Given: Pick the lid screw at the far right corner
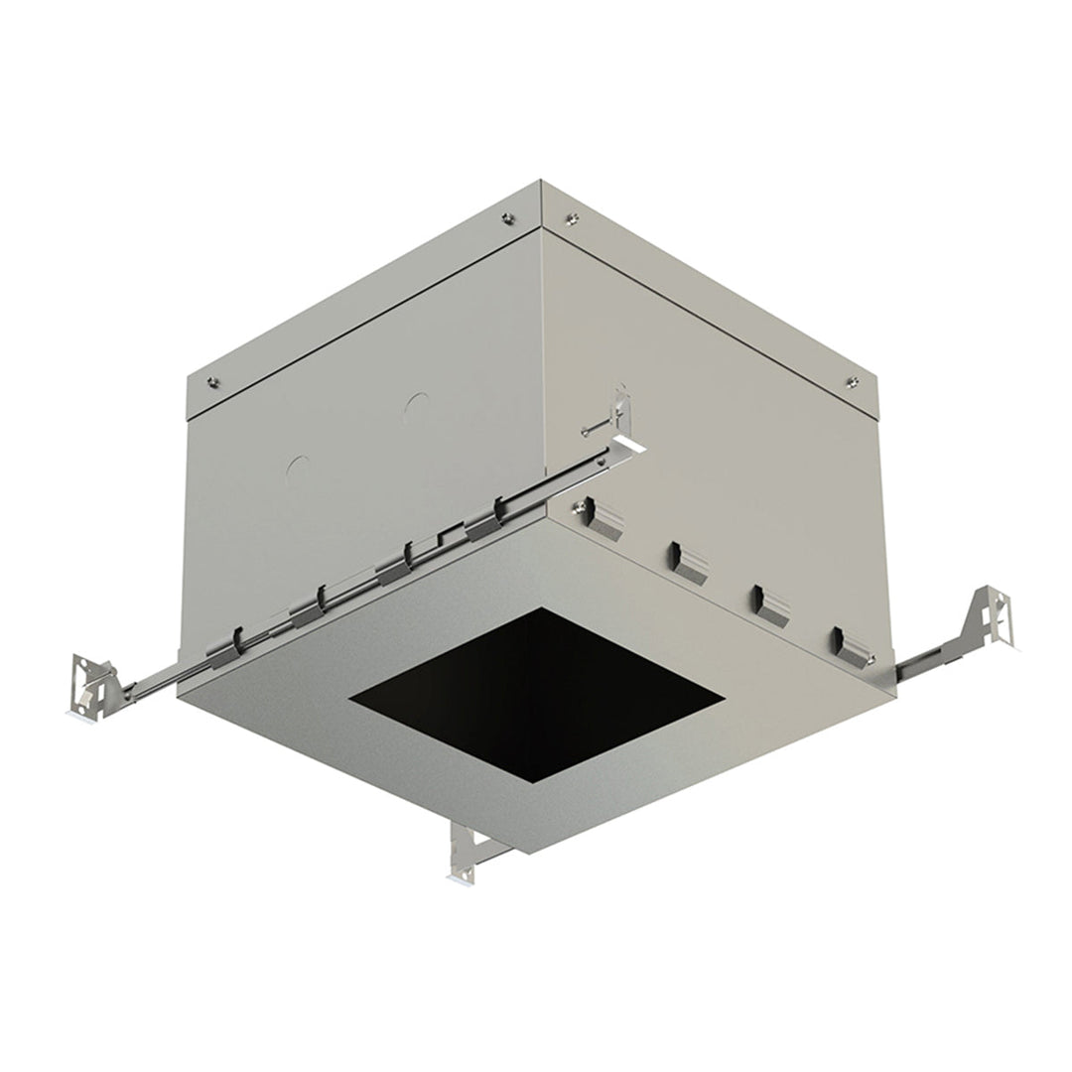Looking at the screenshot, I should pyautogui.click(x=852, y=382).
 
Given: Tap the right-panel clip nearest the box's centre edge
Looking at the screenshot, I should pyautogui.click(x=603, y=519).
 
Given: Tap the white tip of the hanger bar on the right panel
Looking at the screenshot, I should pyautogui.click(x=629, y=443).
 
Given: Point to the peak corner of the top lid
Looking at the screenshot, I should pyautogui.click(x=540, y=181).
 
